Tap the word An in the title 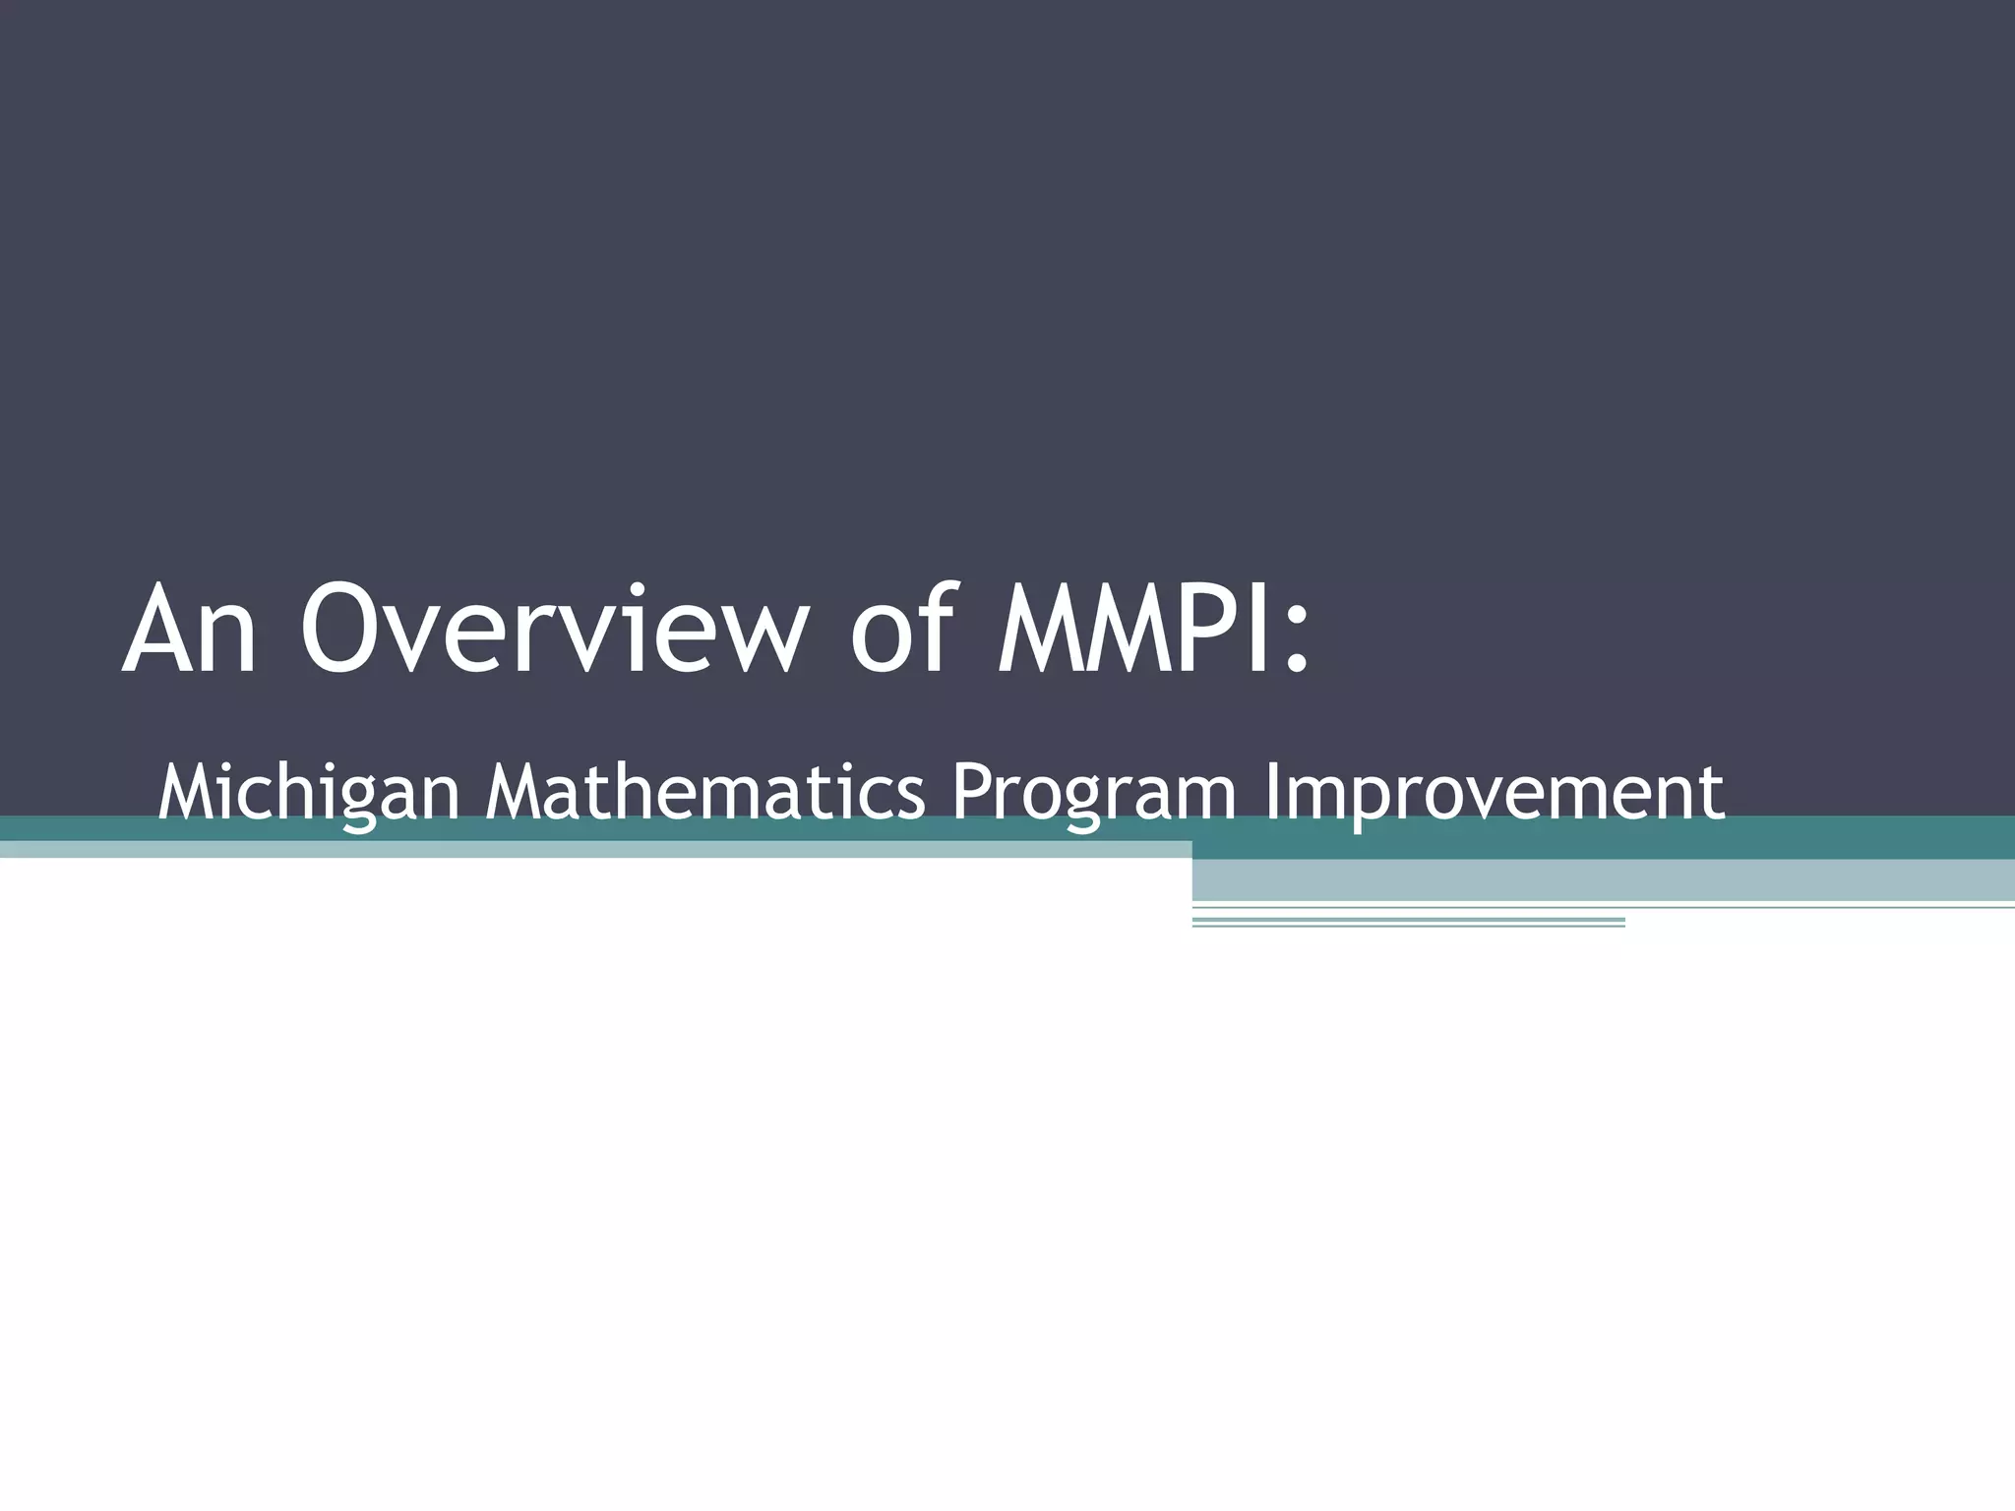190,630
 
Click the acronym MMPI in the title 1131,630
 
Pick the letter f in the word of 936,628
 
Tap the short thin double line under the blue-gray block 1407,922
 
